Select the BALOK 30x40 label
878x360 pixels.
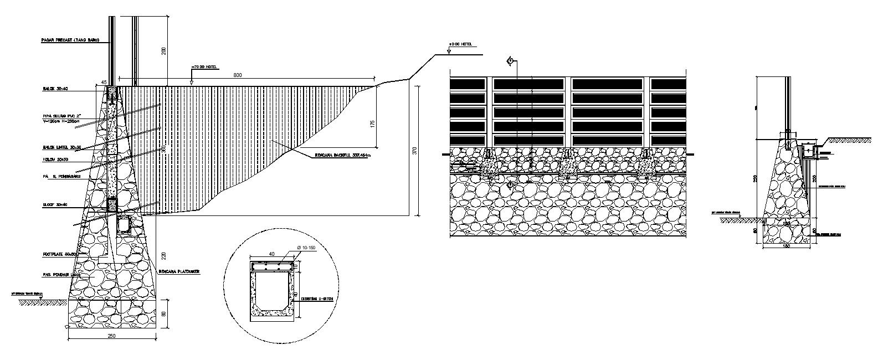click(55, 88)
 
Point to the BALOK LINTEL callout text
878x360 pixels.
click(61, 147)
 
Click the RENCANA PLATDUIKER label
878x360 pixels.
click(178, 272)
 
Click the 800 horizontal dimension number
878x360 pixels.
click(237, 75)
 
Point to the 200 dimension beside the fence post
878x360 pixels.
click(163, 52)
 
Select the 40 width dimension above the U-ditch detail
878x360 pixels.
click(271, 254)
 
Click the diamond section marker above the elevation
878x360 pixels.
click(510, 61)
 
